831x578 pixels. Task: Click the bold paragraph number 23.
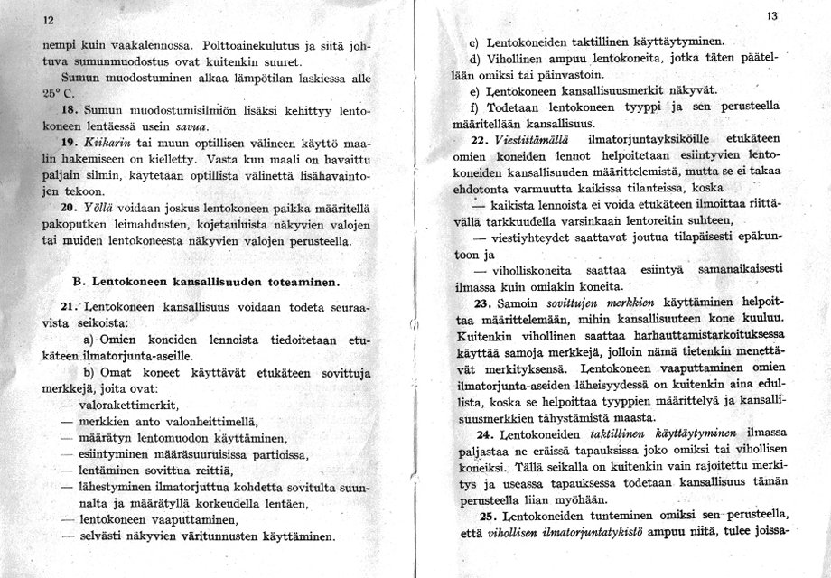[481, 303]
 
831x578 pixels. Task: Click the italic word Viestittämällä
[538, 140]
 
